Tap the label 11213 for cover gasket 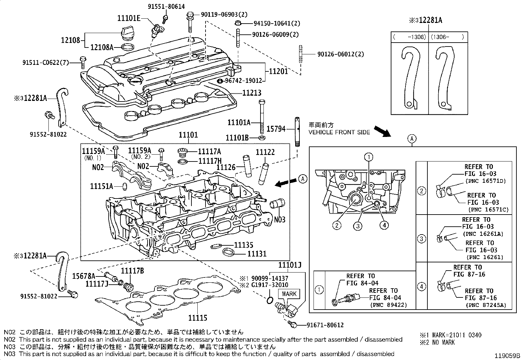252,93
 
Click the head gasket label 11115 197,318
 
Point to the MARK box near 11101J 289,294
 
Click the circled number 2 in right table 422,191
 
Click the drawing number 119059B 507,355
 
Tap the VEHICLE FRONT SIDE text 339,132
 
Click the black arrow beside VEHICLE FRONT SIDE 382,131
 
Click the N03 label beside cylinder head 280,219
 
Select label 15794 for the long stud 276,129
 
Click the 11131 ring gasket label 257,254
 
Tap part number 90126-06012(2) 340,54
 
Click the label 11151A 101,186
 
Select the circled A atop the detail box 412,139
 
